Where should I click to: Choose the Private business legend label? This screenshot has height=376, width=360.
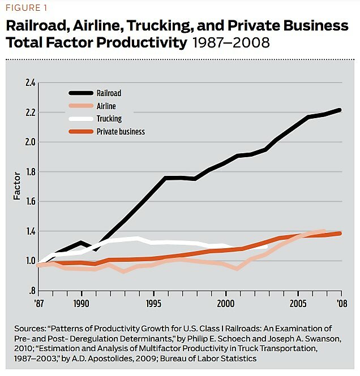coord(124,132)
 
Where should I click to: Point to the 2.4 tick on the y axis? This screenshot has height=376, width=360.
coord(30,83)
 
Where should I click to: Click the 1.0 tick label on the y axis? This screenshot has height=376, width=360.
coord(30,261)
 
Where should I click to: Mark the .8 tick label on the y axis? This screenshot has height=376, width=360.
coord(31,291)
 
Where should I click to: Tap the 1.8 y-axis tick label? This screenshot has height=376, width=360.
coord(30,172)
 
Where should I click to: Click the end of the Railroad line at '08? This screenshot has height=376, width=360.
coord(340,110)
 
